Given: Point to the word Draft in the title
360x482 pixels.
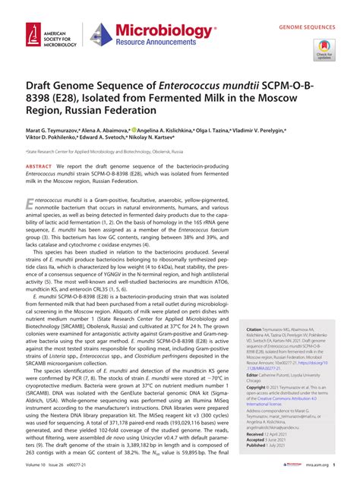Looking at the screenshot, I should (43, 89).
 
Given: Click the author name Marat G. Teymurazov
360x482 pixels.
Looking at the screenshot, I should (56, 131).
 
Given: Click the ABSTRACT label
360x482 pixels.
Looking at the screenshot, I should (39, 165).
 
